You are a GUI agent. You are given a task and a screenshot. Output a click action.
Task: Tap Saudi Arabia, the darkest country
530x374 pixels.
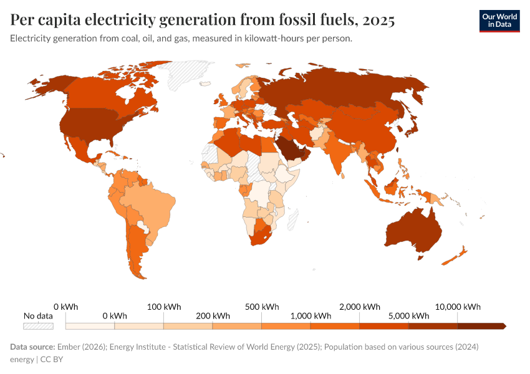[x=288, y=148]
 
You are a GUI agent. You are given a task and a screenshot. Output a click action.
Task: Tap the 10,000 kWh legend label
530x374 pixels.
[x=458, y=307]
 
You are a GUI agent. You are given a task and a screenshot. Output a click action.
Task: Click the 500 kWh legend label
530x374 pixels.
[x=262, y=307]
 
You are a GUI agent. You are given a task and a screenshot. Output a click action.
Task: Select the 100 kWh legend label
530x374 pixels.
[x=164, y=307]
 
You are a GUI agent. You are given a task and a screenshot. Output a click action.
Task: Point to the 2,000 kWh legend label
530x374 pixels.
[x=360, y=307]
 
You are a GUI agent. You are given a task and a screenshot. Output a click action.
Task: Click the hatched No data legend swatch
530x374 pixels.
[x=38, y=326]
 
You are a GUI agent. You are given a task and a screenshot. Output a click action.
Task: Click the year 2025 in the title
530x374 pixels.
[x=377, y=21]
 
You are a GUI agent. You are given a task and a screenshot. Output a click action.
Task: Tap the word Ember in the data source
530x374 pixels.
[x=69, y=347]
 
